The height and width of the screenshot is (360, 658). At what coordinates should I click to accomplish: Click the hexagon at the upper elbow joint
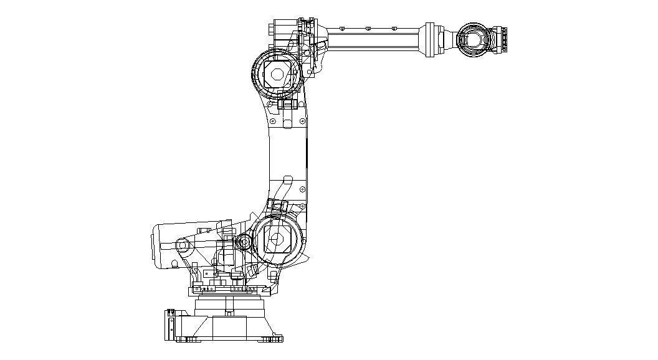[278, 75]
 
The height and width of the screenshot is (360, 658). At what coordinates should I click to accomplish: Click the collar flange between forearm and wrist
[429, 40]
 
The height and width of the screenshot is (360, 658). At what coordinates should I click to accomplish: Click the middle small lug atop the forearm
[368, 28]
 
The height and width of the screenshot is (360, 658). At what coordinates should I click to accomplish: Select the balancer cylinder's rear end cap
[157, 245]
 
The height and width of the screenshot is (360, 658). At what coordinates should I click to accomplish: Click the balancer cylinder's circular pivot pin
[183, 245]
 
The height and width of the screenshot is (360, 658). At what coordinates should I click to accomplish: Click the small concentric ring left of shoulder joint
[244, 241]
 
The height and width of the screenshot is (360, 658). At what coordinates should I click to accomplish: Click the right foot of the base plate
[270, 339]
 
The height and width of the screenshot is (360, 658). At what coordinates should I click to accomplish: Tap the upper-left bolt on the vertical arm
[272, 121]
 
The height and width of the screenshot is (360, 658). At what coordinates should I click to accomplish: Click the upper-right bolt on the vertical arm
[302, 121]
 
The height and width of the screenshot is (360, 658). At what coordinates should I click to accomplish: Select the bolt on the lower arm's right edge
[302, 189]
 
